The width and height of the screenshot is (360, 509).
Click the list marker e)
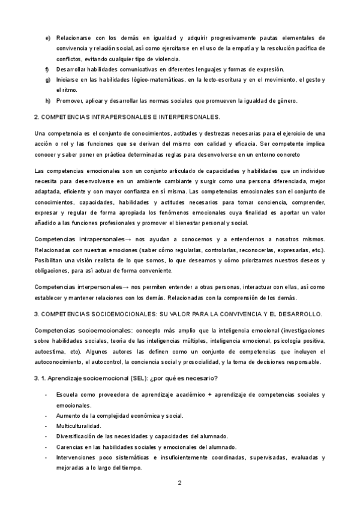pyautogui.click(x=47, y=38)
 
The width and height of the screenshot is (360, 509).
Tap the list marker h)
pyautogui.click(x=47, y=100)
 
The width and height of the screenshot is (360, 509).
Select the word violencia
pyautogui.click(x=166, y=58)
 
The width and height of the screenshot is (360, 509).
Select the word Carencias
pyautogui.click(x=70, y=447)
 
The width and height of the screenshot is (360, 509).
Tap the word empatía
pyautogui.click(x=232, y=48)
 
